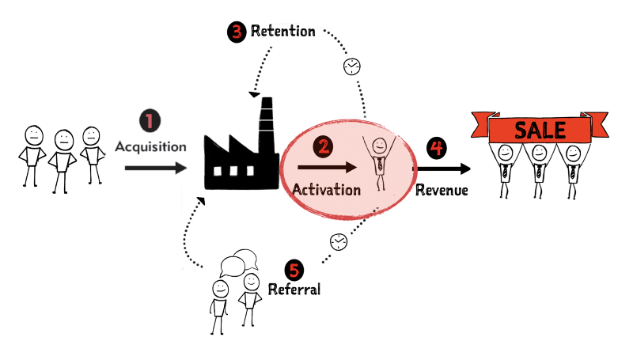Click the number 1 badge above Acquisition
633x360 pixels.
pyautogui.click(x=150, y=121)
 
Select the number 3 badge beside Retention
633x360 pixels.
pyautogui.click(x=237, y=32)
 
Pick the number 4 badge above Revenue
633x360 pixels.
pyautogui.click(x=434, y=147)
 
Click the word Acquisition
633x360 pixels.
pyautogui.click(x=151, y=146)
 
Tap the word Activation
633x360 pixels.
pyautogui.click(x=327, y=190)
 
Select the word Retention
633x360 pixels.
pyautogui.click(x=282, y=32)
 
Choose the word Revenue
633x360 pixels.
pyautogui.click(x=442, y=190)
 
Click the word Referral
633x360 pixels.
pyautogui.click(x=294, y=290)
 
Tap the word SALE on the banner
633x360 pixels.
pyautogui.click(x=540, y=129)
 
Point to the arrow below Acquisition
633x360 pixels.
pyautogui.click(x=155, y=168)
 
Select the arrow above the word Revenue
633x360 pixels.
pyautogui.click(x=442, y=168)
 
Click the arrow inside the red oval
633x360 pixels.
pyautogui.click(x=326, y=167)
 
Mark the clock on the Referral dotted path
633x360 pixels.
pyautogui.click(x=338, y=241)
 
